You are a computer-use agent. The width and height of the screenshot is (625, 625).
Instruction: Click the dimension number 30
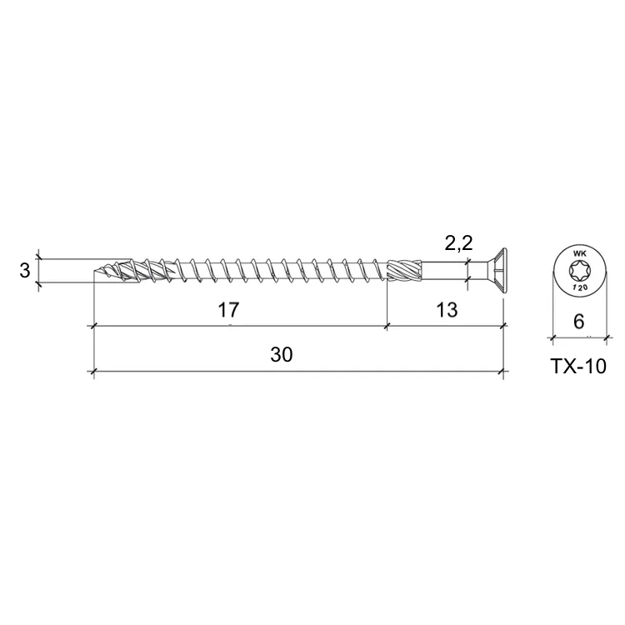[x=282, y=354]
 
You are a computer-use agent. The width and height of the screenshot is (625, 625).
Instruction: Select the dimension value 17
[x=228, y=310]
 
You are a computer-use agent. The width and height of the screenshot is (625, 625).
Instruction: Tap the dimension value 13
[x=447, y=310]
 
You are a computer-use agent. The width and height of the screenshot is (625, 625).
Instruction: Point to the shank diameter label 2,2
[x=458, y=243]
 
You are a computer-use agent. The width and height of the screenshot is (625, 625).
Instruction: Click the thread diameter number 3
[x=25, y=271]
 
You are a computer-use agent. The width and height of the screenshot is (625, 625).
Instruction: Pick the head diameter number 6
[x=579, y=321]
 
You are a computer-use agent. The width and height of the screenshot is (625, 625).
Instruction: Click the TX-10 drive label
[x=578, y=366]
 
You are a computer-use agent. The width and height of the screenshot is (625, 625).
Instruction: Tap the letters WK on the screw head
[x=578, y=253]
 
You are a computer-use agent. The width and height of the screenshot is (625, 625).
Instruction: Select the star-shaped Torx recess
[x=579, y=272]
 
